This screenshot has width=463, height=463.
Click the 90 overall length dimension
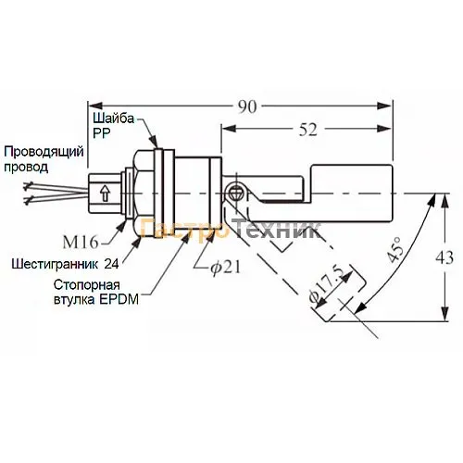pyautogui.click(x=247, y=106)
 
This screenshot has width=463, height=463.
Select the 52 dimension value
pyautogui.click(x=308, y=130)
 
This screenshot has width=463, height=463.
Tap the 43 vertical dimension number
pyautogui.click(x=444, y=257)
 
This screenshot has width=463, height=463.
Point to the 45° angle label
pyautogui.click(x=394, y=249)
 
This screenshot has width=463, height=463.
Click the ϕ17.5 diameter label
pyautogui.click(x=327, y=283)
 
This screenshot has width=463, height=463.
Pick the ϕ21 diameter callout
pyautogui.click(x=225, y=267)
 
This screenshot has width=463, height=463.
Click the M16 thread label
pyautogui.click(x=81, y=243)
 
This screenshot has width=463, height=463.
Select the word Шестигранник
pyautogui.click(x=55, y=264)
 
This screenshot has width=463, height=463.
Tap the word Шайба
pyautogui.click(x=114, y=118)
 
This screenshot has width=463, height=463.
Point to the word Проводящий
pyautogui.click(x=44, y=152)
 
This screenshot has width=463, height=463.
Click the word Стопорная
pyautogui.click(x=87, y=285)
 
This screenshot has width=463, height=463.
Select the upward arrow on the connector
pyautogui.click(x=106, y=194)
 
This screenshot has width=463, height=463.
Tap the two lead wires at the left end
pyautogui.click(x=56, y=193)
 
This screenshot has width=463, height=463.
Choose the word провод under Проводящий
pyautogui.click(x=26, y=168)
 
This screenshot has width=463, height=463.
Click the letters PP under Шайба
pyautogui.click(x=102, y=133)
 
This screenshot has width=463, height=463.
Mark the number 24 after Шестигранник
pyautogui.click(x=111, y=264)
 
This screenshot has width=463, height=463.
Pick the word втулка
pyautogui.click(x=74, y=300)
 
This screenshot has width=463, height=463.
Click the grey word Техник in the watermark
pyautogui.click(x=277, y=229)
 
